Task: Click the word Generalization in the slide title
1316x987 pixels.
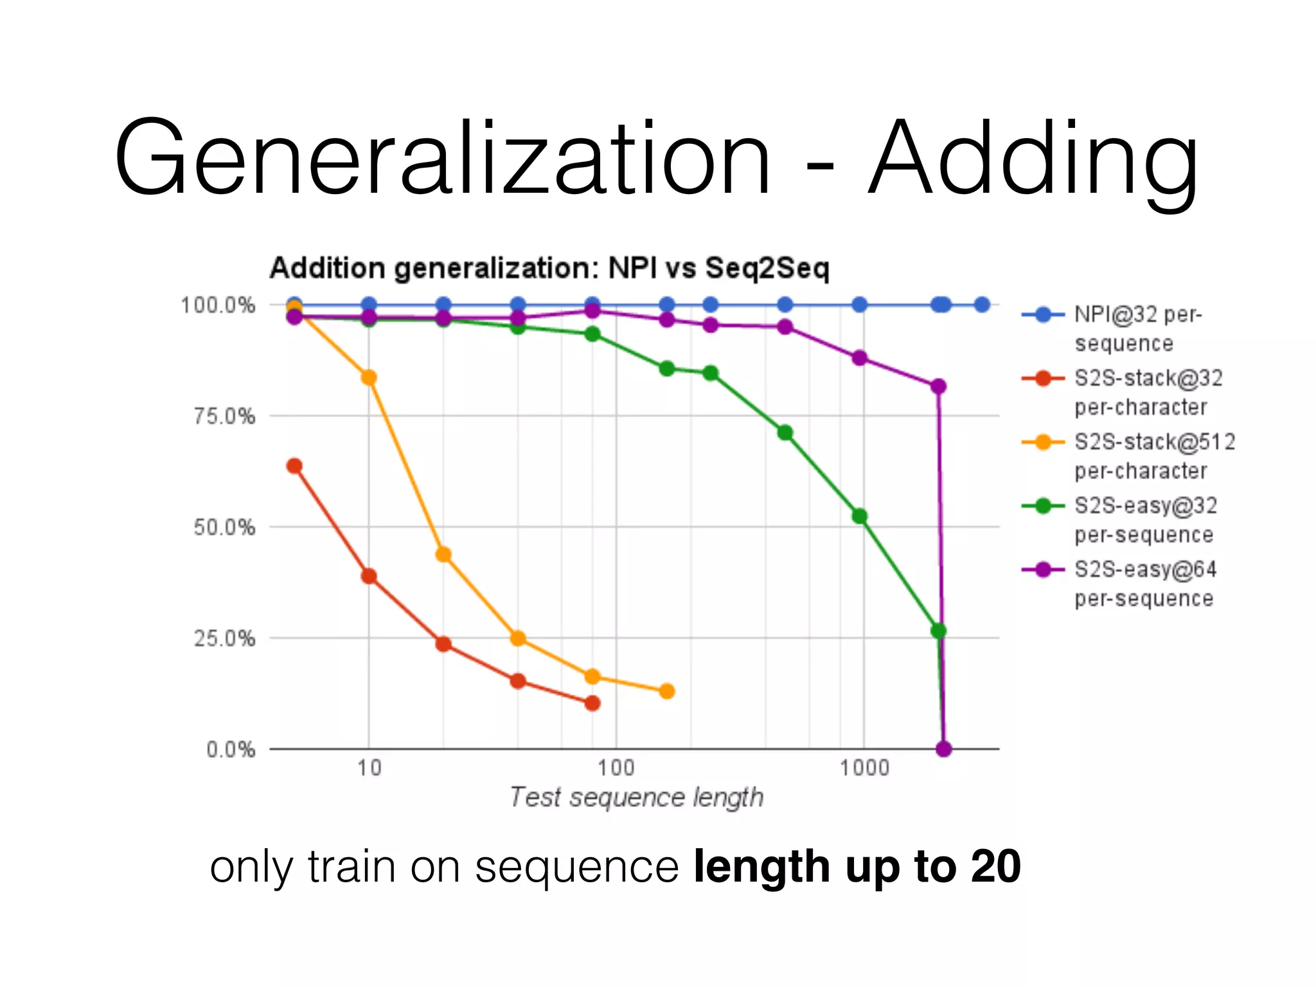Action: [442, 157]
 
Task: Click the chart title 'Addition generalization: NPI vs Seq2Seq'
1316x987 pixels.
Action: [549, 268]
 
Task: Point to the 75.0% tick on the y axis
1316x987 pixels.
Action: [224, 416]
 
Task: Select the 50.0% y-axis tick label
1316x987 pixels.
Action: [224, 528]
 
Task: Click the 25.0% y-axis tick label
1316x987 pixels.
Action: [224, 639]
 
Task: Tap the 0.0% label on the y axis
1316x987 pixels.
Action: [231, 750]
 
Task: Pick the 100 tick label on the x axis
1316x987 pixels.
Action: [616, 768]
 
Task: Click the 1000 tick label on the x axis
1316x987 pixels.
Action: [864, 768]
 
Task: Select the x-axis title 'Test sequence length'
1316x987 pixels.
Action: [636, 797]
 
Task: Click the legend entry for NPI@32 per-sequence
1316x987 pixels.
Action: [1137, 328]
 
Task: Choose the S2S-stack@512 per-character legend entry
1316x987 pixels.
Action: [1154, 456]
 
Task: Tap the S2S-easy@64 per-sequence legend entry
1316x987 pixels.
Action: [1145, 583]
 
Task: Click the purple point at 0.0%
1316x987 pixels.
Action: [943, 749]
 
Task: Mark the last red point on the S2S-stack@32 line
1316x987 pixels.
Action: [592, 703]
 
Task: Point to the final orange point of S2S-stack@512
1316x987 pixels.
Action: [667, 691]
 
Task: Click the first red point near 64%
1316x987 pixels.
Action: [294, 466]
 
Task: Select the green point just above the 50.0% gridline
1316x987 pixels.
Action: [859, 516]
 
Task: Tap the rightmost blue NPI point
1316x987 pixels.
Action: [981, 305]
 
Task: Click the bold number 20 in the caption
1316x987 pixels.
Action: [995, 867]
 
